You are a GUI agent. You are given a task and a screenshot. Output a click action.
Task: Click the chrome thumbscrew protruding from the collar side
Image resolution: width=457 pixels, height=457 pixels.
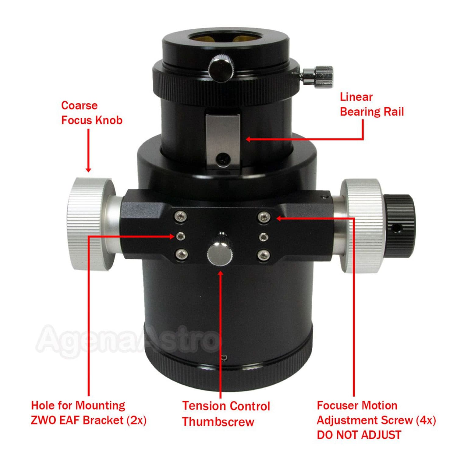coord(319,76)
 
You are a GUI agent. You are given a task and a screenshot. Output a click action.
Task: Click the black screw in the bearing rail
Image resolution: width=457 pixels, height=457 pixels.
coord(223,159)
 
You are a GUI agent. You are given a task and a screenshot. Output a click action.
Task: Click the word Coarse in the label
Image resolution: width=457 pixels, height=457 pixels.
coord(79,105)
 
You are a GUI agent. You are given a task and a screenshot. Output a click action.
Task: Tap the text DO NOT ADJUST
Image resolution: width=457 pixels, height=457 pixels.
coord(359,435)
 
